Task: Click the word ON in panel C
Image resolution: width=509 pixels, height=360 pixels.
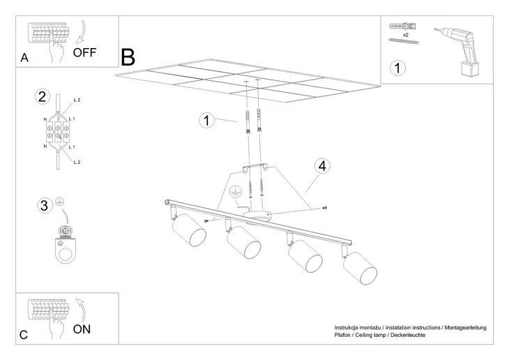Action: (x=82, y=329)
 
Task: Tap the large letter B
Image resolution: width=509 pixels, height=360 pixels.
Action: (x=128, y=57)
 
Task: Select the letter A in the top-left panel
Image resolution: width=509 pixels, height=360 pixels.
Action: (x=24, y=59)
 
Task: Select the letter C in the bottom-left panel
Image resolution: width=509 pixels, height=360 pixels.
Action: (x=24, y=335)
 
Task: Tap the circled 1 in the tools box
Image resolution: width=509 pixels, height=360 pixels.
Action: (x=397, y=68)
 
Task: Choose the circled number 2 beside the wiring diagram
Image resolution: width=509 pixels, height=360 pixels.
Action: (x=43, y=96)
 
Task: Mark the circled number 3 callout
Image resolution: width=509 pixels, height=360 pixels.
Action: (x=44, y=205)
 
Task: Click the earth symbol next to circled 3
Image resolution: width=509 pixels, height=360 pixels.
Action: (x=60, y=202)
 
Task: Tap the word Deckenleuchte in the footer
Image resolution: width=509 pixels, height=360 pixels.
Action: (x=408, y=336)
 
